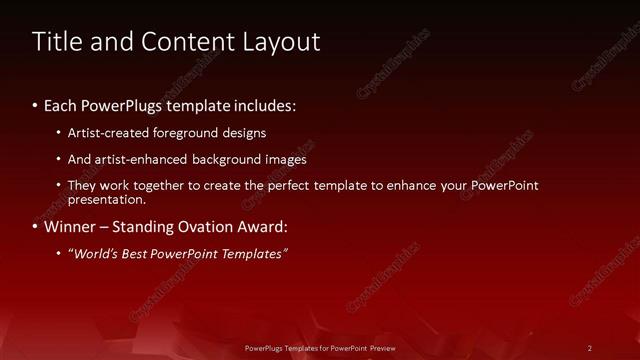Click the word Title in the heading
coord(54,42)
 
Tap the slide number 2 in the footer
coord(590,348)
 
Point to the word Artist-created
coord(109,132)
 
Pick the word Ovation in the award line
coord(207,226)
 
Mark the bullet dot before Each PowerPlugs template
coord(35,106)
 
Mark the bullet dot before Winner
coord(35,227)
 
